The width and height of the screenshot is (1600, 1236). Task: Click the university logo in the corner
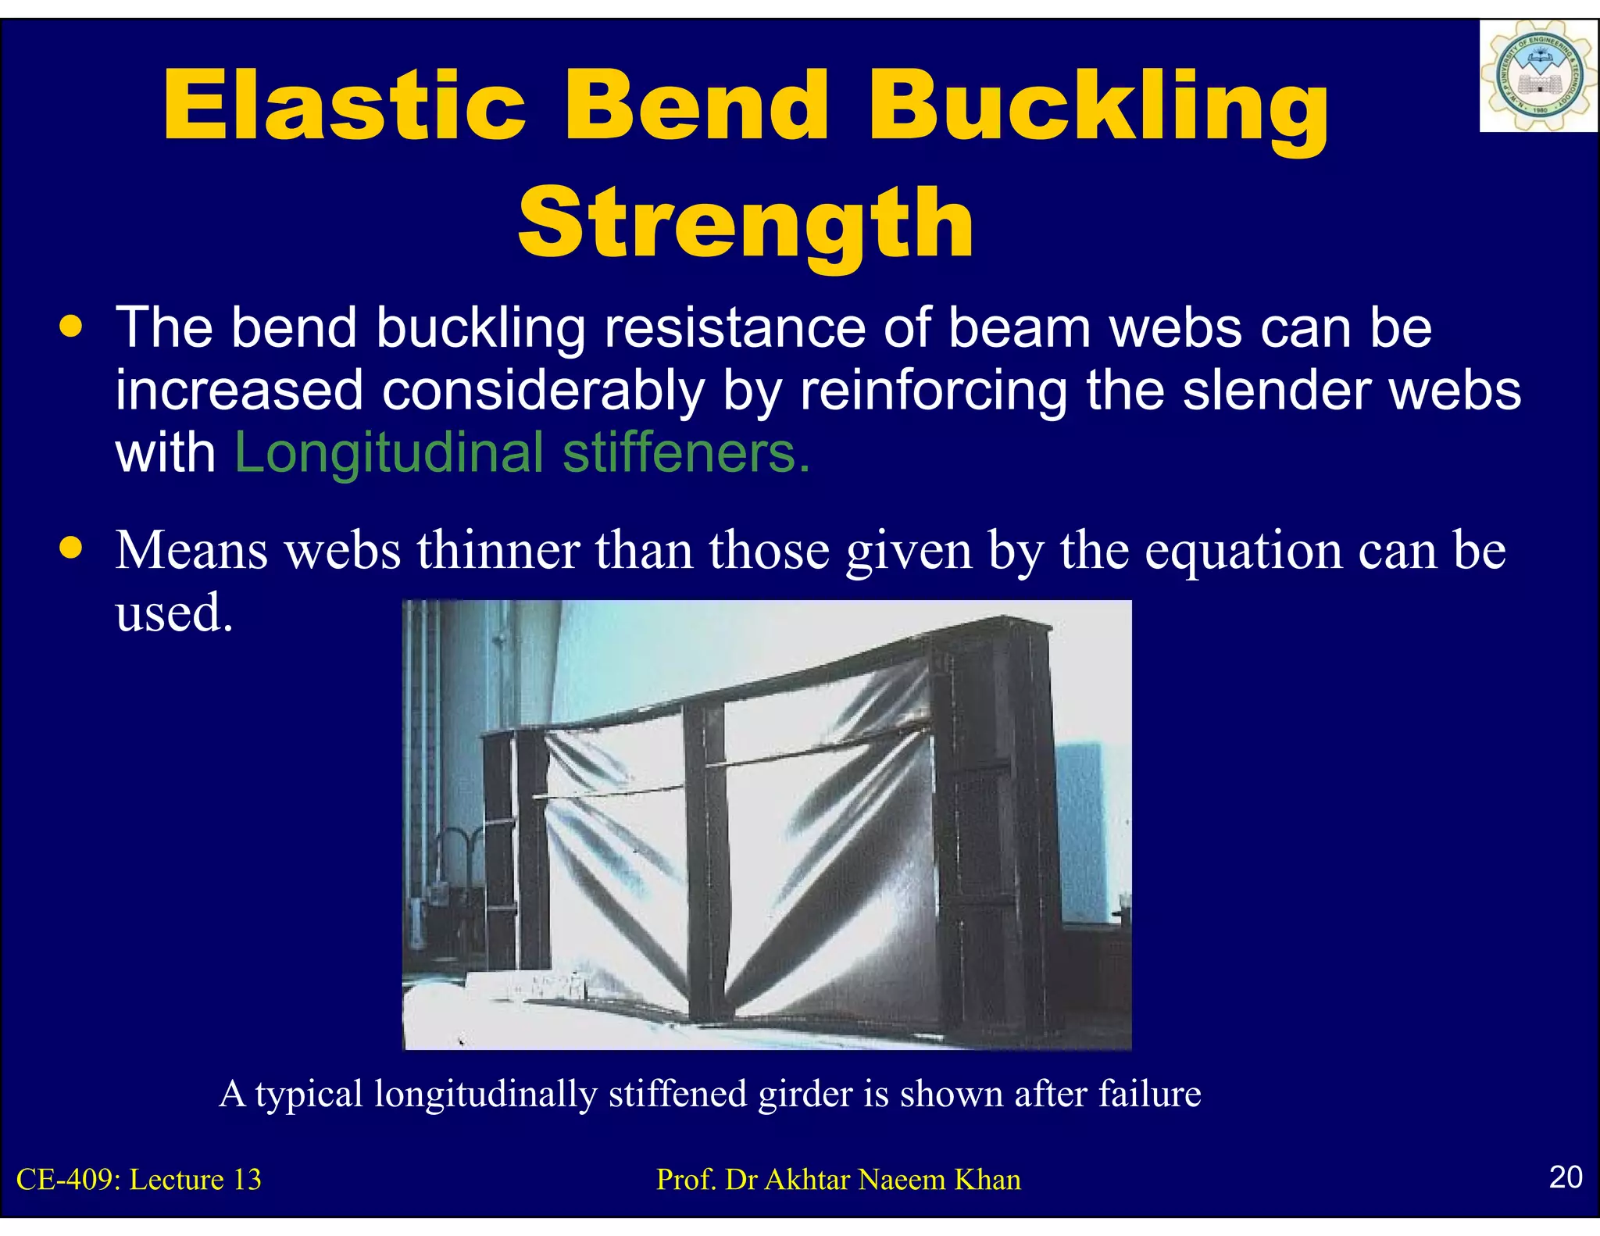click(1537, 77)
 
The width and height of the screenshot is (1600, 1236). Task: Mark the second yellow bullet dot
click(71, 548)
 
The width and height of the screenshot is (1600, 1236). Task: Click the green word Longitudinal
click(388, 453)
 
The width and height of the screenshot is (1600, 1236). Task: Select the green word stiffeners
click(686, 453)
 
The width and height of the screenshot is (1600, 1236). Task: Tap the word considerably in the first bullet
click(543, 391)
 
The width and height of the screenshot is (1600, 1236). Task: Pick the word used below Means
click(173, 613)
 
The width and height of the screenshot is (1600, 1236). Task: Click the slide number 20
click(1565, 1177)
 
